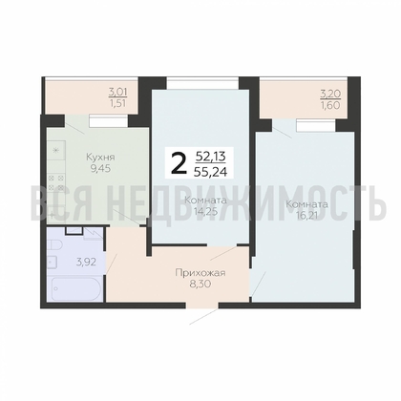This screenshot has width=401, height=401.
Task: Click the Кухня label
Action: pyautogui.click(x=100, y=158)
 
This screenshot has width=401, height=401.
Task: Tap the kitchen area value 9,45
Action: pyautogui.click(x=100, y=169)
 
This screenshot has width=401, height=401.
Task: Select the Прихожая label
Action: pyautogui.click(x=200, y=273)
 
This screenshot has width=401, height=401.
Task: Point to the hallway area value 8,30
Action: pyautogui.click(x=200, y=284)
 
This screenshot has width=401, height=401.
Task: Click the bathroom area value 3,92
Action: pyautogui.click(x=86, y=263)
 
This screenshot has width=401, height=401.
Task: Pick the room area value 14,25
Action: pyautogui.click(x=205, y=212)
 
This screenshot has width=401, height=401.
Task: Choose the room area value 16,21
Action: pyautogui.click(x=306, y=216)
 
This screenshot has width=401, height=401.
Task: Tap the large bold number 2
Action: pyautogui.click(x=179, y=162)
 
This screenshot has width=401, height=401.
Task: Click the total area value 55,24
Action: pyautogui.click(x=212, y=172)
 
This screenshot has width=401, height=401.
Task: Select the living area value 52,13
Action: pyautogui.click(x=211, y=157)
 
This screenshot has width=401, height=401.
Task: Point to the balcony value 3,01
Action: pyautogui.click(x=118, y=93)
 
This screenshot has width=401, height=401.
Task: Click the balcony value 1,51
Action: pyautogui.click(x=118, y=104)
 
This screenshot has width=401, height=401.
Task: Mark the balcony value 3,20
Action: pyautogui.click(x=330, y=94)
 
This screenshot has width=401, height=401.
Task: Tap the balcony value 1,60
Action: pyautogui.click(x=331, y=105)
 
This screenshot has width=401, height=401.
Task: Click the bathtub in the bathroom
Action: pyautogui.click(x=75, y=288)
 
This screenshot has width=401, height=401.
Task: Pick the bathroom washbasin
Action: pyautogui.click(x=53, y=263)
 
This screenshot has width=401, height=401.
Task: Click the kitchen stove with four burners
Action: pyautogui.click(x=56, y=182)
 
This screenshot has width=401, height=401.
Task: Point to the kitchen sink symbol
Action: pyautogui.click(x=56, y=150)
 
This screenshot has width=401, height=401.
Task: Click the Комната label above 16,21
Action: pyautogui.click(x=306, y=204)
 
